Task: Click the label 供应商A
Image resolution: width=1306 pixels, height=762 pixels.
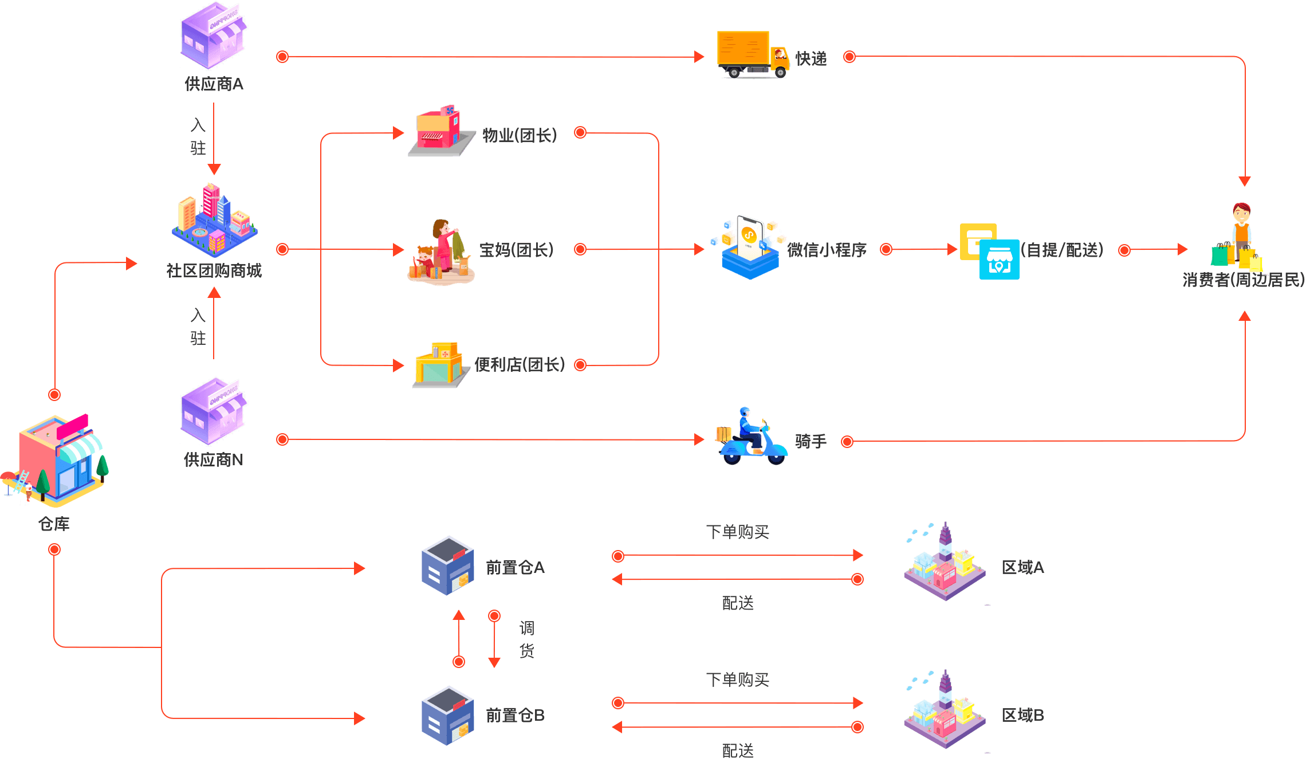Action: [x=214, y=84]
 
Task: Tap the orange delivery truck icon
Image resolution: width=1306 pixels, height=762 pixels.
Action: [x=752, y=54]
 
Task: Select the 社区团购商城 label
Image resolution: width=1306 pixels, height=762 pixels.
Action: [x=214, y=270]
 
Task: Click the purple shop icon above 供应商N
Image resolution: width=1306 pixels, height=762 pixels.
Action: [x=214, y=411]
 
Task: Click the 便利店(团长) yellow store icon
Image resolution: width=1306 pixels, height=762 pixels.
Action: [x=439, y=365]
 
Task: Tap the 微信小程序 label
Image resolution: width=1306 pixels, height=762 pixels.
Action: [x=827, y=250]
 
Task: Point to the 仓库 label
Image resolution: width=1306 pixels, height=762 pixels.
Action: [x=54, y=524]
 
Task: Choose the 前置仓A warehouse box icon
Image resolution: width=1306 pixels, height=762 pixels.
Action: [x=447, y=565]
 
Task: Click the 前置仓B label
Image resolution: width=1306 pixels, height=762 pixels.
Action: [x=515, y=715]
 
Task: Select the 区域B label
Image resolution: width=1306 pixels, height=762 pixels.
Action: [x=1022, y=715]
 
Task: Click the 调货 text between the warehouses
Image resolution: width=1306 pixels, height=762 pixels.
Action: [x=526, y=639]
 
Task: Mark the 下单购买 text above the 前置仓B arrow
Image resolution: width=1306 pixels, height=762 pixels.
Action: [x=737, y=680]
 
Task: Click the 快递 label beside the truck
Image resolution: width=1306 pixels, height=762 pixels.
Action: [x=811, y=58]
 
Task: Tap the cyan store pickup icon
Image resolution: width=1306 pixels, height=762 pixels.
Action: [x=999, y=260]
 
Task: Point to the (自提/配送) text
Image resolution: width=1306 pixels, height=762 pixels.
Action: [x=1063, y=250]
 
